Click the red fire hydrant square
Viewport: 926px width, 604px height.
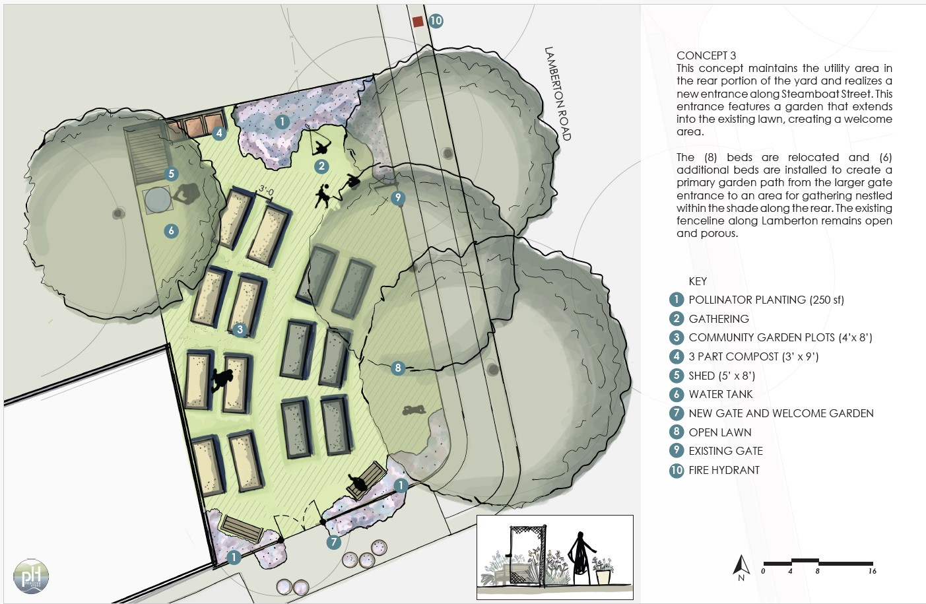(x=418, y=22)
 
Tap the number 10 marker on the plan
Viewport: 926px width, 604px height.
(x=436, y=20)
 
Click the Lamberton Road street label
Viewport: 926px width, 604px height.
(x=557, y=94)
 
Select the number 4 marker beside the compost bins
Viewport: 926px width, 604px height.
(x=219, y=133)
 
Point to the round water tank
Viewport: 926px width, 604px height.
(x=158, y=200)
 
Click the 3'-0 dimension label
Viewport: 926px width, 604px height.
(x=267, y=191)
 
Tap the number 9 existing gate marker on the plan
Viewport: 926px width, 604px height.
(x=398, y=197)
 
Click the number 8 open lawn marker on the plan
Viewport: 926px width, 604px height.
(x=398, y=368)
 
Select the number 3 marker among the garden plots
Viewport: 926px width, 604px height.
(x=240, y=329)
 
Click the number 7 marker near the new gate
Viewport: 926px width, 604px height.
(x=333, y=542)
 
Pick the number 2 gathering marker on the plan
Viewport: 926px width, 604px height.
(x=321, y=166)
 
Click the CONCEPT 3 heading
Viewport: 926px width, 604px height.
(x=706, y=55)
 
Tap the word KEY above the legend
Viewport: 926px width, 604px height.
(x=698, y=281)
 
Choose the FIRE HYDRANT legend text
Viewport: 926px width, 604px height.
(x=724, y=470)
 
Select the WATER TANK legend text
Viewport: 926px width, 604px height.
(x=721, y=394)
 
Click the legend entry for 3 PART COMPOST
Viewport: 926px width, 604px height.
(x=754, y=356)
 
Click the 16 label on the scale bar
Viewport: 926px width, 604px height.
(x=872, y=572)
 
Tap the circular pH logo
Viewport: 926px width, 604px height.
(x=31, y=576)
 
